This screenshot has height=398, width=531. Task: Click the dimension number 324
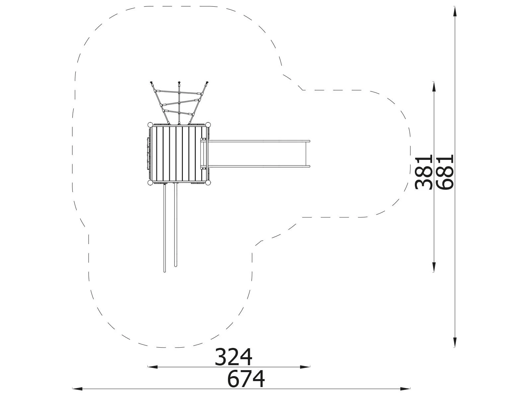coord(233,357)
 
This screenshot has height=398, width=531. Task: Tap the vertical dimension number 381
coord(423,172)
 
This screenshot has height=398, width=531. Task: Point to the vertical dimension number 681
coord(445,172)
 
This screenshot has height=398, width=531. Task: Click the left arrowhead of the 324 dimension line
coord(152,367)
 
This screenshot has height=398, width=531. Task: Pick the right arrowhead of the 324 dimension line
coord(305,367)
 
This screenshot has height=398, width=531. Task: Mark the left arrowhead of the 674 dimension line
coord(77,389)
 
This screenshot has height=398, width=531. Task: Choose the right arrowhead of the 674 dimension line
coord(405,389)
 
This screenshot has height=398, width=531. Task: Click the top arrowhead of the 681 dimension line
coord(455,11)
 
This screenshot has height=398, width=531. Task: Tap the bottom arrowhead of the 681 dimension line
coord(455,342)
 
